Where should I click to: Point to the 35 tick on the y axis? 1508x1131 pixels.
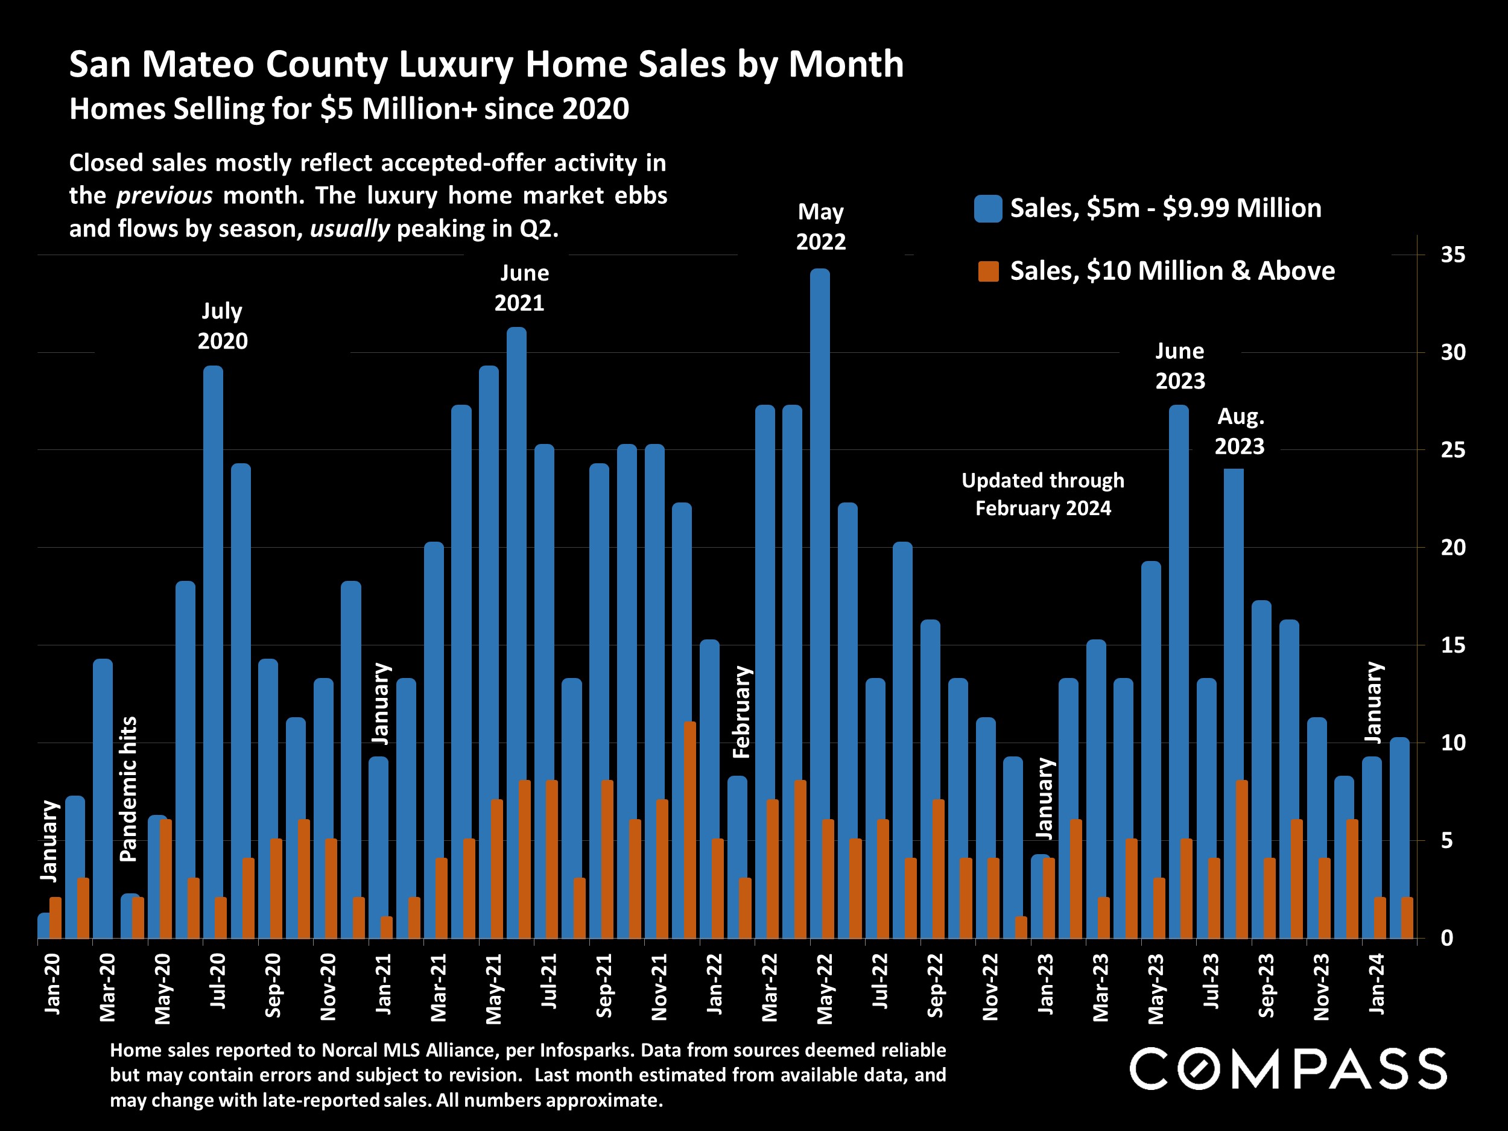1453,255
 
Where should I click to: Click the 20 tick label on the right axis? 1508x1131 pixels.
1453,548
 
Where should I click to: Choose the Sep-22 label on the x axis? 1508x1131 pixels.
936,986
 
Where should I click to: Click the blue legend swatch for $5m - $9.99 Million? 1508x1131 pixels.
988,209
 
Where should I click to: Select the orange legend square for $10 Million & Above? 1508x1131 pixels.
988,271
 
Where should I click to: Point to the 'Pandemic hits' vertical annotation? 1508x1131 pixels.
128,789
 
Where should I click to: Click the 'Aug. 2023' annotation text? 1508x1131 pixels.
1240,431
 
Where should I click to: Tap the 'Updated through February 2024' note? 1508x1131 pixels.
1042,494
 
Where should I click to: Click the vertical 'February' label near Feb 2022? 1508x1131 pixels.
741,712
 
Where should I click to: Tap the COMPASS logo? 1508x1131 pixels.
1288,1068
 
